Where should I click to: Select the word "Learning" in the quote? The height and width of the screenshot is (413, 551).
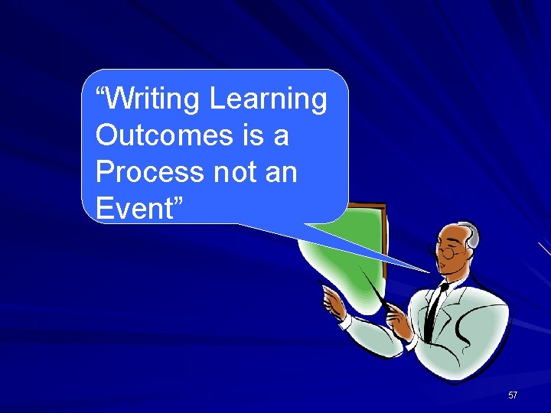click(x=268, y=99)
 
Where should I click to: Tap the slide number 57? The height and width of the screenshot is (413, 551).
click(x=513, y=395)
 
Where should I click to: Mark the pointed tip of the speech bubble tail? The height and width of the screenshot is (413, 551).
click(x=429, y=272)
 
